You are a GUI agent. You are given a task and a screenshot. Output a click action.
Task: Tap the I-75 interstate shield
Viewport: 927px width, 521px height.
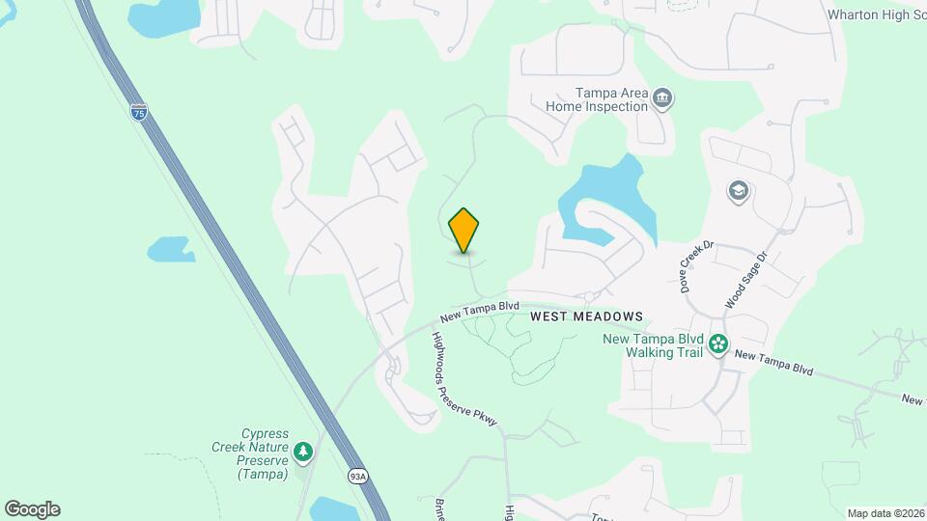(x=139, y=111)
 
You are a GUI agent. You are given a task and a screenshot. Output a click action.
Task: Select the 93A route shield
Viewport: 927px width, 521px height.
(x=356, y=476)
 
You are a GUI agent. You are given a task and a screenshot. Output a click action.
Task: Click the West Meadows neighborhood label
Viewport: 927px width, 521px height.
(x=586, y=316)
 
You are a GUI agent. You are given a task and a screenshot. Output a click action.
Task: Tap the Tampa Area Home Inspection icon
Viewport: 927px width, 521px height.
(x=662, y=97)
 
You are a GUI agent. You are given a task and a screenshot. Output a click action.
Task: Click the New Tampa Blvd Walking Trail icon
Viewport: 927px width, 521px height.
(x=718, y=343)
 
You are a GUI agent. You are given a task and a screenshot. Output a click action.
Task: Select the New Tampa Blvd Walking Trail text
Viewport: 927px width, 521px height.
(x=652, y=345)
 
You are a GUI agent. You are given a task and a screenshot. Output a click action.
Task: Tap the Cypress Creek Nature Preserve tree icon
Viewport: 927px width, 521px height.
(x=303, y=452)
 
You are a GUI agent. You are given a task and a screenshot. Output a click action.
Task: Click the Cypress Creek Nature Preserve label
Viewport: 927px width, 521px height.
(x=251, y=453)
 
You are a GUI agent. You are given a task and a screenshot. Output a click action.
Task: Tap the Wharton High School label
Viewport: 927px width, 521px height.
(x=876, y=14)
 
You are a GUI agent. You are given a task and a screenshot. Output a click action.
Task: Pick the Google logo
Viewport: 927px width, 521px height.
(x=32, y=509)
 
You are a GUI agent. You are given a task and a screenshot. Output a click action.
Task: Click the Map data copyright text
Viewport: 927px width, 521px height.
(x=885, y=513)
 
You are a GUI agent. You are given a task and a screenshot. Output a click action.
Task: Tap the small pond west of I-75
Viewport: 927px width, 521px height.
(x=171, y=249)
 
